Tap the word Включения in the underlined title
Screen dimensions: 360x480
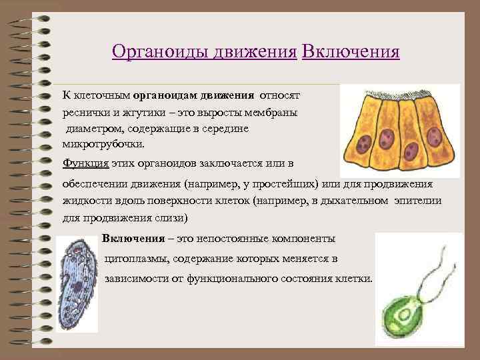pyautogui.click(x=351, y=51)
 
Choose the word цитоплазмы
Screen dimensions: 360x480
pyautogui.click(x=136, y=259)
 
